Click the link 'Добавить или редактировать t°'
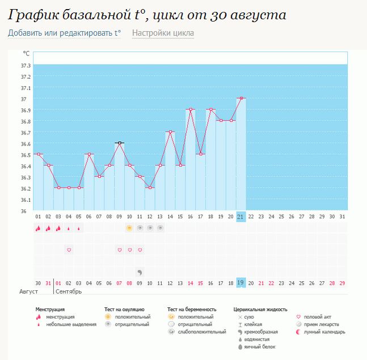point(64,33)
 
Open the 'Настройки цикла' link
point(163,33)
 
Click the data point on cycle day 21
point(241,98)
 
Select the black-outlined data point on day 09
point(119,143)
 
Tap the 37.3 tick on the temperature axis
point(26,66)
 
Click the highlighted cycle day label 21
point(241,216)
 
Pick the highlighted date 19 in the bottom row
point(241,282)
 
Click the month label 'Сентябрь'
point(68,292)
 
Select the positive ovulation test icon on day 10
point(129,228)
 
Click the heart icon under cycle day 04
point(69,249)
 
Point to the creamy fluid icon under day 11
point(140,271)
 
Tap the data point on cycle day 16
point(191,109)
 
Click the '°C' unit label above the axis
point(26,53)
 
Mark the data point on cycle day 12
point(150,188)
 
